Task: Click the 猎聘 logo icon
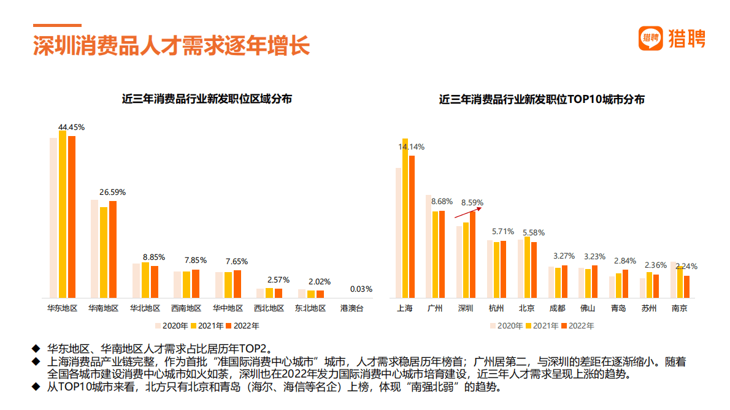tap(651, 38)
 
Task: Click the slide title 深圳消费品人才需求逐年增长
tap(171, 46)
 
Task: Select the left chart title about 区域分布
tap(207, 99)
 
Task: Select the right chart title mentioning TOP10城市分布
tap(542, 99)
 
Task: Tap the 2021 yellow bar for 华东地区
tap(63, 214)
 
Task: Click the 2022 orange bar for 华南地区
tap(112, 249)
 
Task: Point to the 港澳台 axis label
tap(352, 308)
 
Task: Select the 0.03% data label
tap(361, 289)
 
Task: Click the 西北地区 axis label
tap(269, 308)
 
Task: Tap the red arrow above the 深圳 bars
tap(469, 213)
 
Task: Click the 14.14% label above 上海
tap(411, 147)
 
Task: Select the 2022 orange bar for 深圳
tap(473, 254)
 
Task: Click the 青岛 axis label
tap(618, 308)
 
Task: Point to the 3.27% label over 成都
tap(564, 256)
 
